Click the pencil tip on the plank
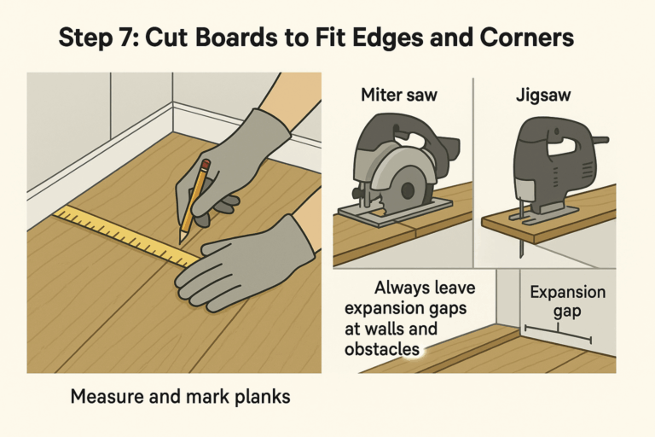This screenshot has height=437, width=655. click(182, 239)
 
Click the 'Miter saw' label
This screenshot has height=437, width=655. click(397, 95)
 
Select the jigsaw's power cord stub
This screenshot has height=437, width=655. click(600, 138)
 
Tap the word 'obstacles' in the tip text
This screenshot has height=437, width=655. click(382, 349)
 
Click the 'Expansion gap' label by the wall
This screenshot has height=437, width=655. click(567, 300)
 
